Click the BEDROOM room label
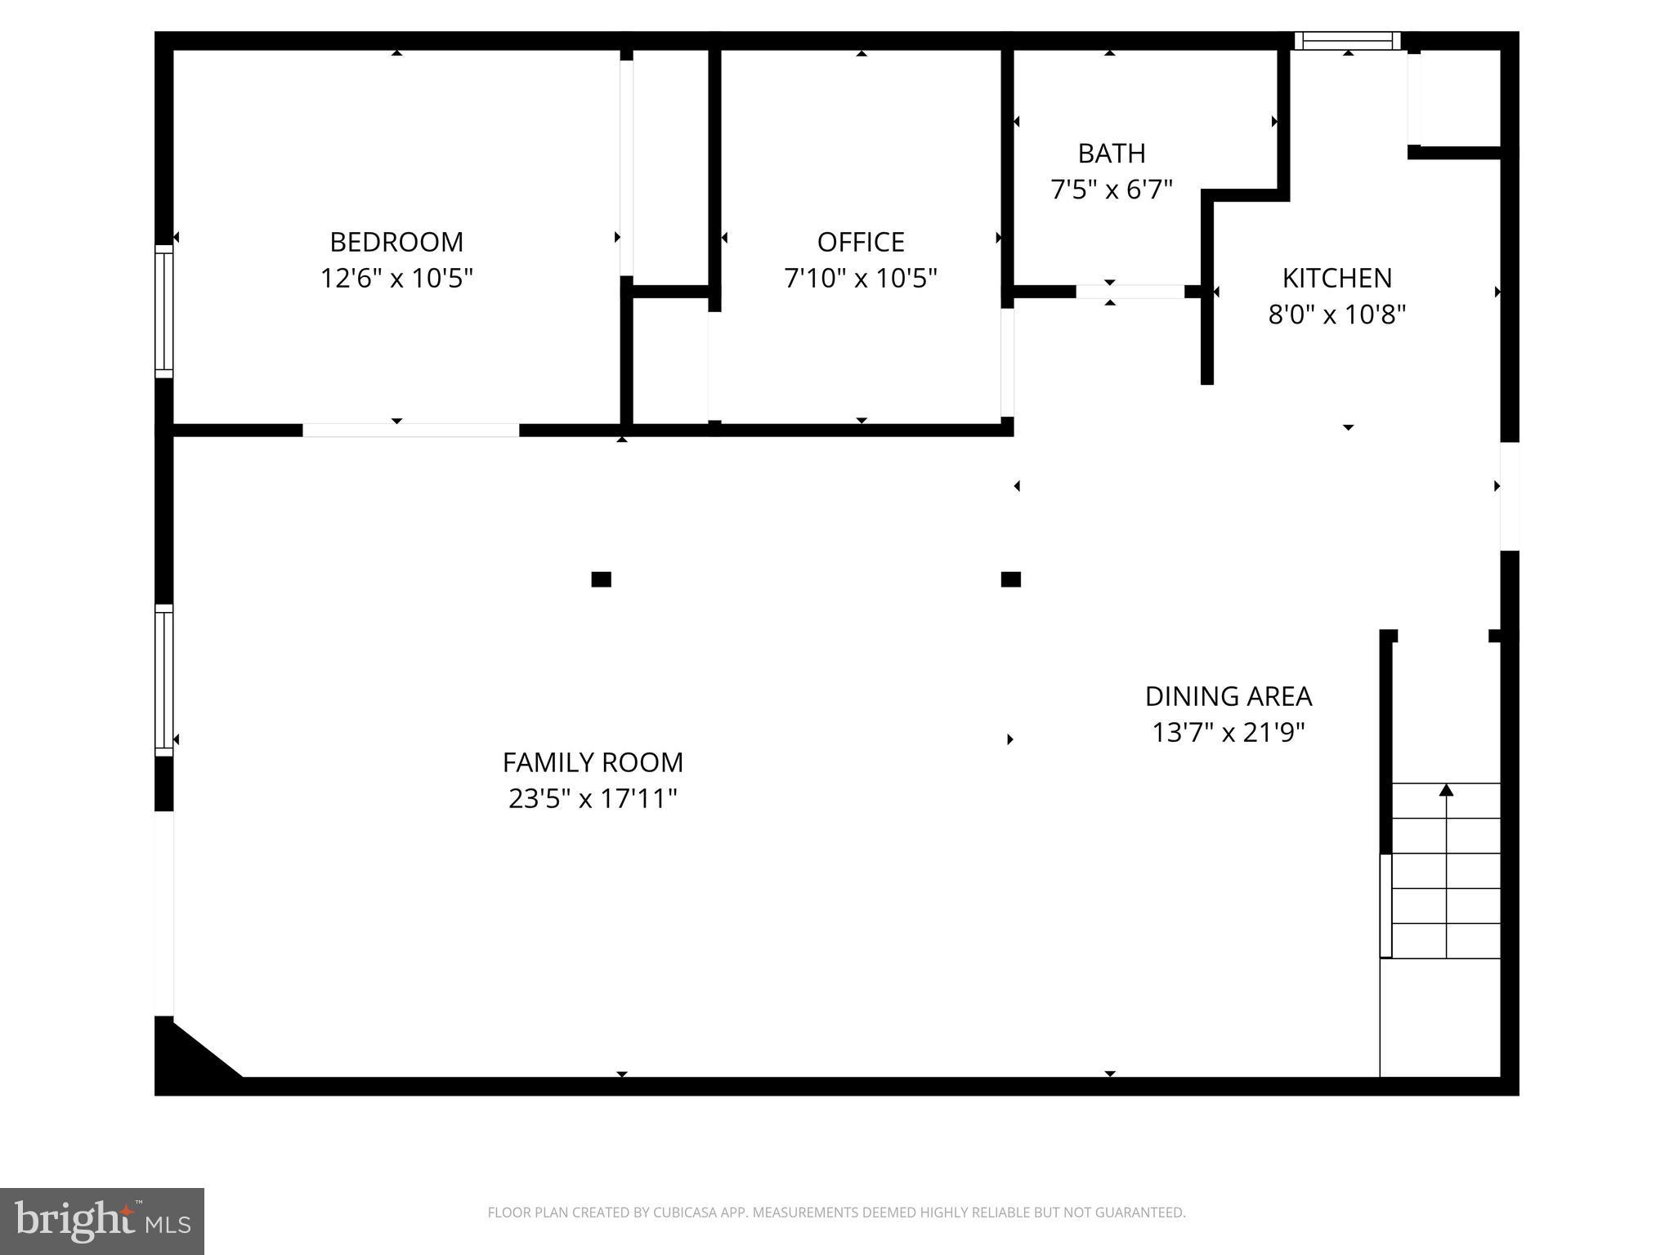(396, 242)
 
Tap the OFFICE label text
(861, 242)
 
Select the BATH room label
(1111, 154)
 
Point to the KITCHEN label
(1336, 279)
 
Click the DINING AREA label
(1228, 696)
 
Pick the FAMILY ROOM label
(593, 762)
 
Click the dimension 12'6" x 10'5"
(396, 279)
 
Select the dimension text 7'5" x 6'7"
(1111, 190)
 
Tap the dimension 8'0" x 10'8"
(1336, 315)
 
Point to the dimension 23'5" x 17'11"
(593, 798)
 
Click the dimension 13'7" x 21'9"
(1228, 732)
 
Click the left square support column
(601, 579)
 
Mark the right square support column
(1010, 579)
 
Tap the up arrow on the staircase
(1446, 790)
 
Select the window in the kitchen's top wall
(1347, 41)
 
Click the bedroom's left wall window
(164, 310)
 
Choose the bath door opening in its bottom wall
(1130, 292)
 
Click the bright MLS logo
(102, 1221)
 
